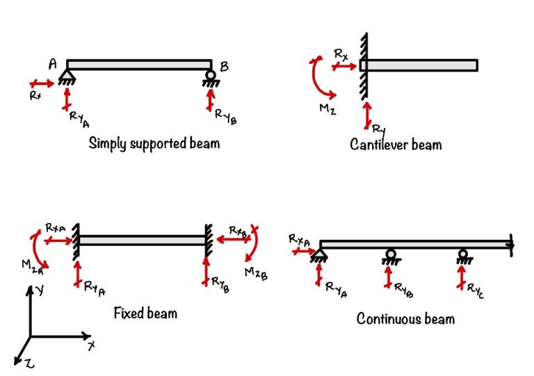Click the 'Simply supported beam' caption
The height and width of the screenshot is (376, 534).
pos(154,144)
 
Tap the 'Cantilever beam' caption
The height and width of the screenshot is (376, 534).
pos(396,145)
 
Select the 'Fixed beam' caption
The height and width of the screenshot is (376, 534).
pos(145,313)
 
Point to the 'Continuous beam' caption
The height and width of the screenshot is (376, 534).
pos(405,318)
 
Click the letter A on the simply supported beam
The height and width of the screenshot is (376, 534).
pos(53,65)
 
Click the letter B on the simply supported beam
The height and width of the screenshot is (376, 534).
pos(225,67)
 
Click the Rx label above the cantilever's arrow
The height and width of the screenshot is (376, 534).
pos(341,54)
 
